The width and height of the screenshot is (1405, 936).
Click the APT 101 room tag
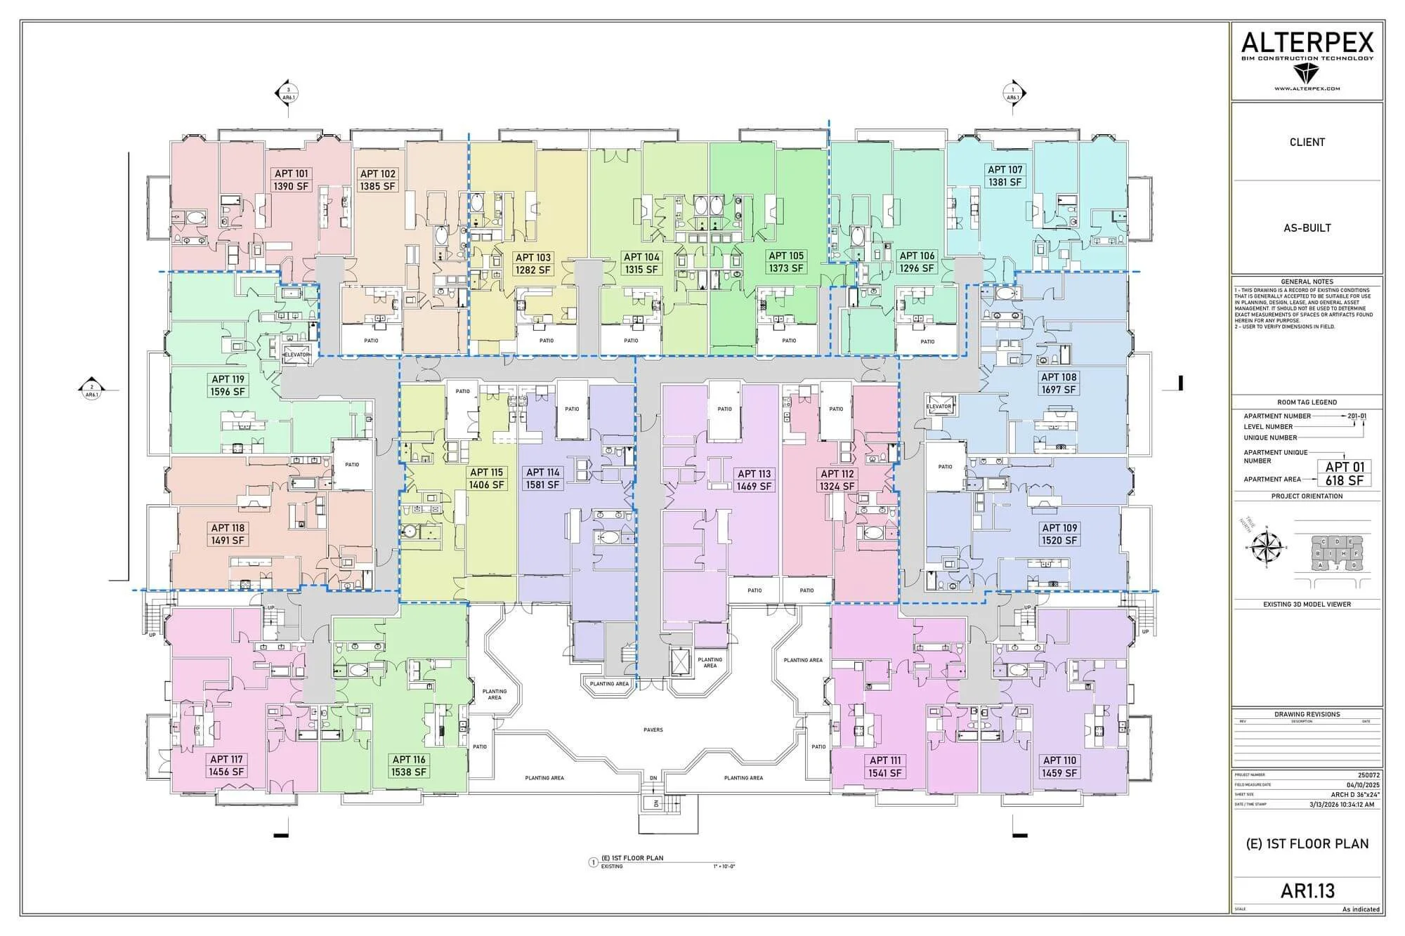pos(291,173)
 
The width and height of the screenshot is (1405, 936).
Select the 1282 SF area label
pos(533,270)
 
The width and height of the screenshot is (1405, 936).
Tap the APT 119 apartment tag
pos(228,379)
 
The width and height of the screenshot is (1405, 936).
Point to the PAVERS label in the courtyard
pos(653,730)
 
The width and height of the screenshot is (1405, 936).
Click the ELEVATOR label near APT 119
pos(296,355)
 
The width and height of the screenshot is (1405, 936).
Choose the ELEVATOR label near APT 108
pos(939,407)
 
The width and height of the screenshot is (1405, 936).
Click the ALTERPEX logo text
pos(1307,44)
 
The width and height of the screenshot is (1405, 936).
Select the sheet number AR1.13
pos(1307,891)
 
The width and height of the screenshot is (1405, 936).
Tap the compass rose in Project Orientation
pos(1268,546)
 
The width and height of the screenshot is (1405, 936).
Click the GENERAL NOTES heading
pos(1307,282)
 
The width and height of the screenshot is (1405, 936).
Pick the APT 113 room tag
pos(754,473)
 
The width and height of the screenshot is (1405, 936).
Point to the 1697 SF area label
pos(1059,390)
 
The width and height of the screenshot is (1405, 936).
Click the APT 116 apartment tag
pos(409,759)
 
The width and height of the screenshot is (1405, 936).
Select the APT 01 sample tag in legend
pos(1345,467)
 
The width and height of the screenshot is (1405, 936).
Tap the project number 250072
pos(1369,775)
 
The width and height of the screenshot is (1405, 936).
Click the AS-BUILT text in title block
pos(1307,228)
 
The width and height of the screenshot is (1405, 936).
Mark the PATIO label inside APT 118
pos(352,464)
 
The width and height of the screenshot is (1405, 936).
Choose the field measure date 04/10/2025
pos(1364,785)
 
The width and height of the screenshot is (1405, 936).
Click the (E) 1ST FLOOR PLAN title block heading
pos(1307,844)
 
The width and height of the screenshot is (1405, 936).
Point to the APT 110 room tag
pos(1059,760)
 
